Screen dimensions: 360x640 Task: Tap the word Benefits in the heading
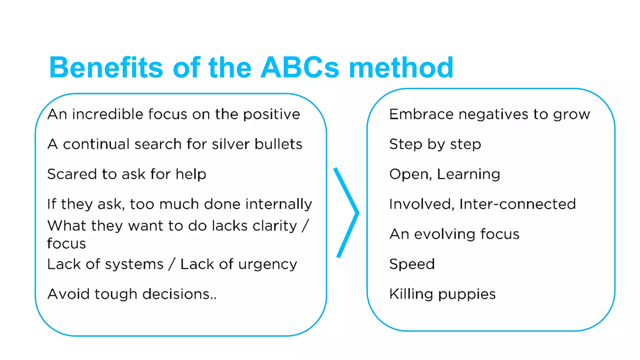click(106, 67)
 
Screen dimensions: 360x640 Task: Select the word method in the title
click(401, 67)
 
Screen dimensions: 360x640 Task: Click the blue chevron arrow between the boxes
click(347, 212)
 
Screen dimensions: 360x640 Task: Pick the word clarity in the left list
click(275, 226)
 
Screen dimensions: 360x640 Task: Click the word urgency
click(267, 265)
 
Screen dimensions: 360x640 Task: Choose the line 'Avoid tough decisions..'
click(132, 294)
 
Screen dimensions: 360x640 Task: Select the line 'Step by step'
click(435, 144)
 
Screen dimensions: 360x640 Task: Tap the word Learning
click(468, 174)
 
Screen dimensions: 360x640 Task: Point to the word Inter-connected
click(517, 204)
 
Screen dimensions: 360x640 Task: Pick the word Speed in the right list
click(412, 264)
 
